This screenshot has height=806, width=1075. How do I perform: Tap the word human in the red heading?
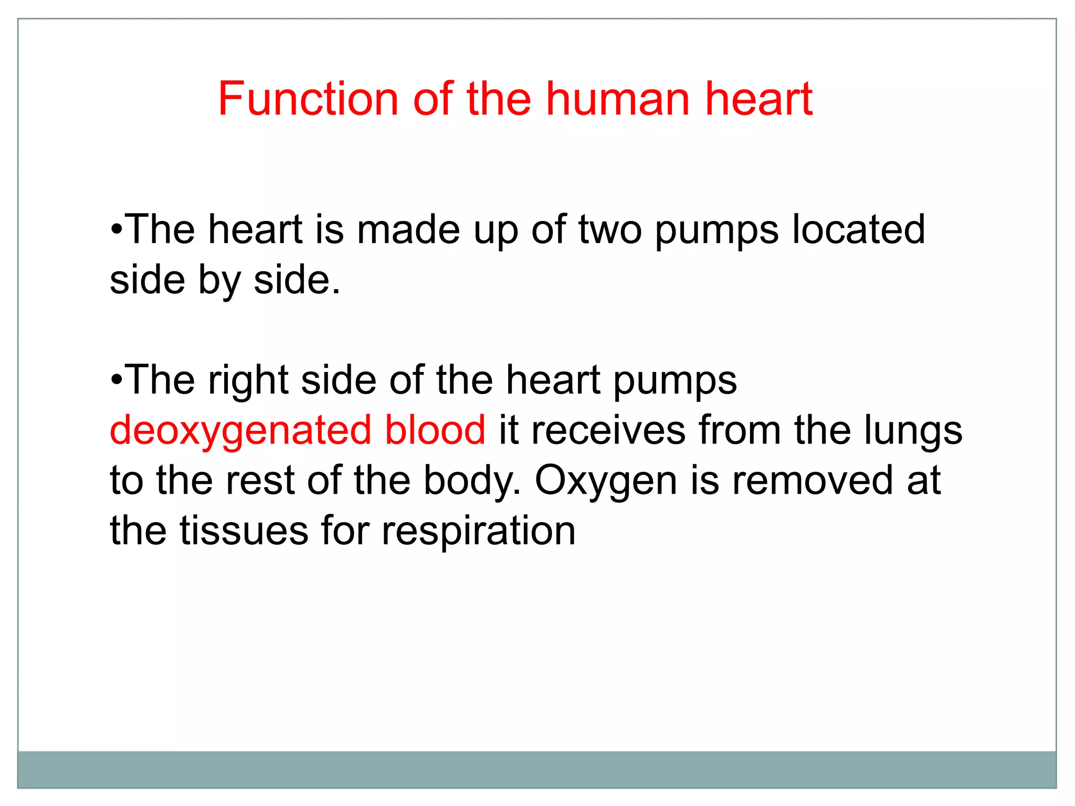(617, 99)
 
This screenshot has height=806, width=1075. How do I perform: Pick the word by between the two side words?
(219, 281)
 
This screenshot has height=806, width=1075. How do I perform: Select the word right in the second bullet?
(248, 380)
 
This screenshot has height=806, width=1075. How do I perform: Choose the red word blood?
(435, 430)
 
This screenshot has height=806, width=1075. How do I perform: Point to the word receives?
(608, 430)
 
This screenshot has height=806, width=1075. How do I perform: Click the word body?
(472, 481)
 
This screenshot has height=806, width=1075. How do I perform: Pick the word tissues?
(244, 531)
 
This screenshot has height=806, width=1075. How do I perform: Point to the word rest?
(260, 481)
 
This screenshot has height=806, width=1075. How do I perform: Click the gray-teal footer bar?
(536, 769)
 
